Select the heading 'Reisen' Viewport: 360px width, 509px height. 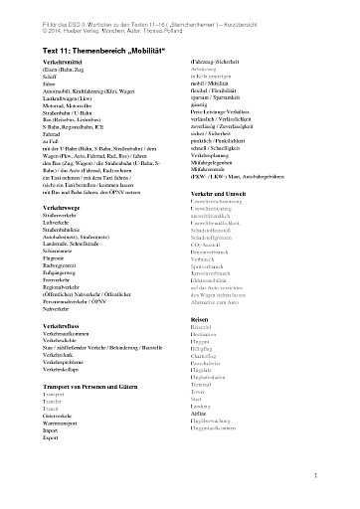click(200, 346)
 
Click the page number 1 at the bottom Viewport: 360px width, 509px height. click(339, 477)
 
